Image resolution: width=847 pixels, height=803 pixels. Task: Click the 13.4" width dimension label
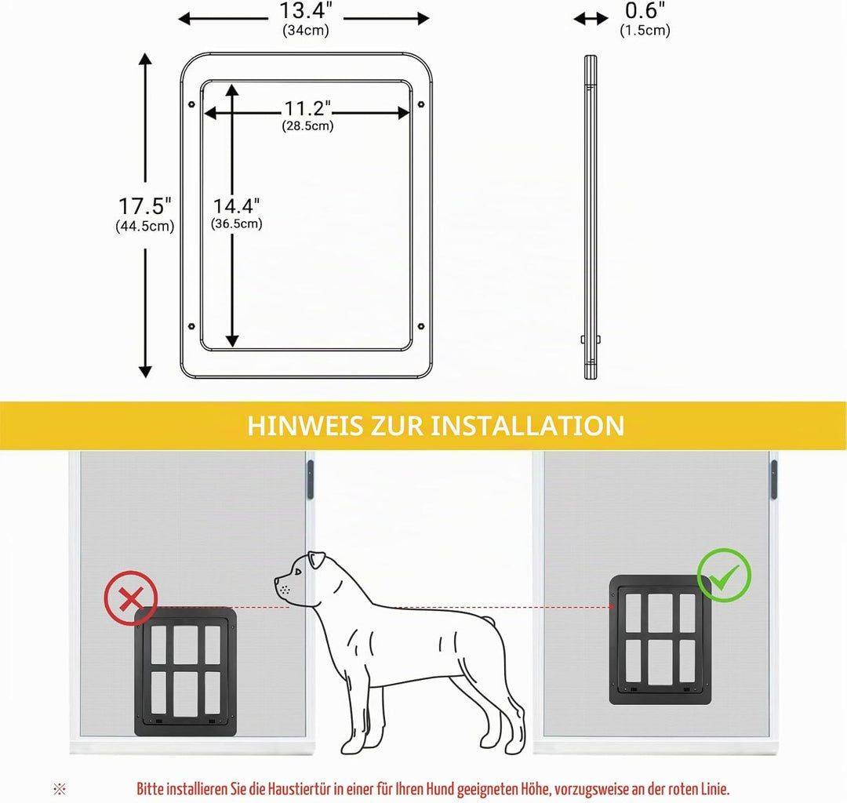pyautogui.click(x=306, y=10)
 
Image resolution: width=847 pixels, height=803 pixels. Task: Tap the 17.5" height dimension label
pyautogui.click(x=145, y=205)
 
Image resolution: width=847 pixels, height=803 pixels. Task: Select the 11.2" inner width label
pyautogui.click(x=307, y=108)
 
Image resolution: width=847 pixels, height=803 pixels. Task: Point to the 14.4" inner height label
pyautogui.click(x=236, y=205)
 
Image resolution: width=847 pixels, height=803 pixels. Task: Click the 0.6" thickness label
pyautogui.click(x=645, y=10)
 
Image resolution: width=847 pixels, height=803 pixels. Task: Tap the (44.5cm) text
pyautogui.click(x=145, y=226)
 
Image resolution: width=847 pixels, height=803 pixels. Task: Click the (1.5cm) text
pyautogui.click(x=645, y=30)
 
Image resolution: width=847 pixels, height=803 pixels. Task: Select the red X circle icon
pyautogui.click(x=131, y=598)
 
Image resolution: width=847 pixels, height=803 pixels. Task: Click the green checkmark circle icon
pyautogui.click(x=724, y=576)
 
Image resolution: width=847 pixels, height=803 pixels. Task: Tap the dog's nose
pyautogui.click(x=277, y=582)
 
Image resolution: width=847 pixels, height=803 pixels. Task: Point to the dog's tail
pyautogui.click(x=488, y=621)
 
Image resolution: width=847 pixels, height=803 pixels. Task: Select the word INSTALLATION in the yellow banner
pyautogui.click(x=527, y=426)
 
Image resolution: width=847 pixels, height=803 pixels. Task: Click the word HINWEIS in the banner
pyautogui.click(x=305, y=426)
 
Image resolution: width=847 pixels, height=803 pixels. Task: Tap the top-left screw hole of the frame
pyautogui.click(x=191, y=104)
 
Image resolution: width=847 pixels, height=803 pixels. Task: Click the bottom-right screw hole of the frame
pyautogui.click(x=421, y=326)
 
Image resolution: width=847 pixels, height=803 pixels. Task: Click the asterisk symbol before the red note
pyautogui.click(x=60, y=789)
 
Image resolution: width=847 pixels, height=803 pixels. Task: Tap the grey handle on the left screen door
pyautogui.click(x=310, y=479)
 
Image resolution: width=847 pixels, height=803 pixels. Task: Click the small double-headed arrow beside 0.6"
pyautogui.click(x=591, y=19)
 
